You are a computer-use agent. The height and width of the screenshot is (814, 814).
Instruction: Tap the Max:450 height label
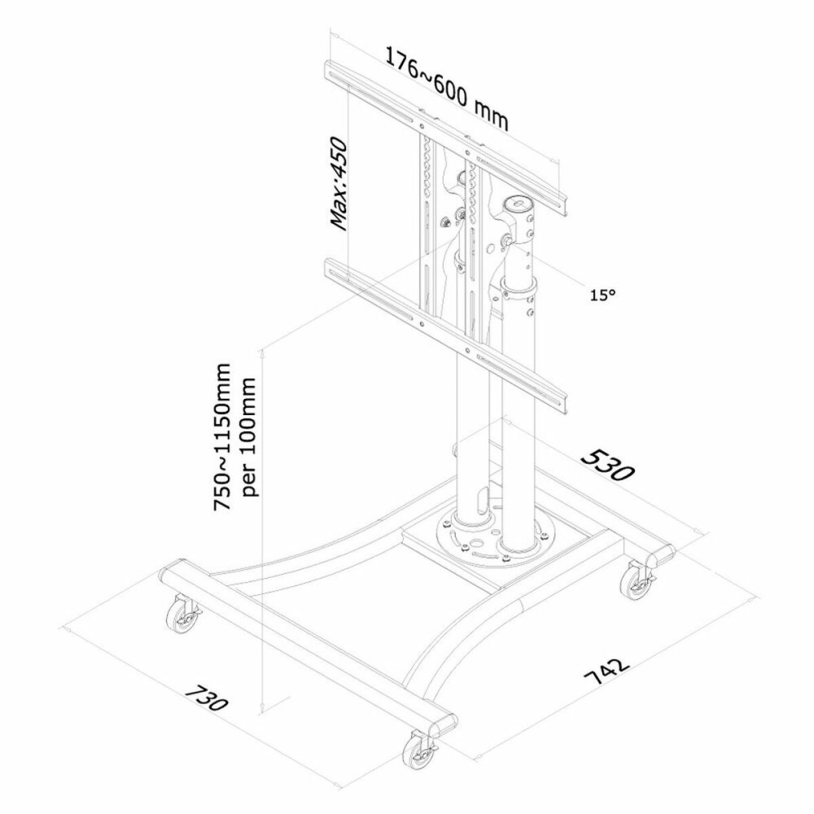339,183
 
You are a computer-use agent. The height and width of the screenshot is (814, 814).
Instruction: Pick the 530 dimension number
606,464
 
